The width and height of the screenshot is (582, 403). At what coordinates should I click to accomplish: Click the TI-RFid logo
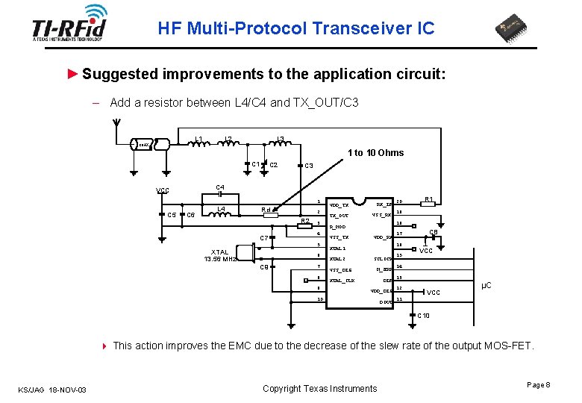coord(69,25)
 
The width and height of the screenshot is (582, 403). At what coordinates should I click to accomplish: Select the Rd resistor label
coord(266,210)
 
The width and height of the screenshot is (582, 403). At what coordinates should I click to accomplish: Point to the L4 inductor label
coord(221,209)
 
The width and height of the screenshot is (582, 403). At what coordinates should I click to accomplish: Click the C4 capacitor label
coord(220,187)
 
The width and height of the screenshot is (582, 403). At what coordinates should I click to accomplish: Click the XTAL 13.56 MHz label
coord(220,255)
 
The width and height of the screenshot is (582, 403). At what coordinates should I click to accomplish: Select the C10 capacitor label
coord(423,316)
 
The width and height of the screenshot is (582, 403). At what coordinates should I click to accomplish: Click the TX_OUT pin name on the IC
coord(339,216)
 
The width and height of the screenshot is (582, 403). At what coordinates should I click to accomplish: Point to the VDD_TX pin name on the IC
coord(339,204)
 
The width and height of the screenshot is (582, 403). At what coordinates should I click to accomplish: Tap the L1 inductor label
coord(199,138)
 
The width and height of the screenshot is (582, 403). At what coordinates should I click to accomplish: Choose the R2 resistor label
coord(304,221)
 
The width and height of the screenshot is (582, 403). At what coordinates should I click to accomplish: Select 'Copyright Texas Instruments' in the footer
coord(320,388)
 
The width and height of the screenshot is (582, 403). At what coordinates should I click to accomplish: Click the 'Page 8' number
coord(538,384)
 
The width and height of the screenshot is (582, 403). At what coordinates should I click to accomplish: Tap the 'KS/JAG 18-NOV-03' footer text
coord(52,389)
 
